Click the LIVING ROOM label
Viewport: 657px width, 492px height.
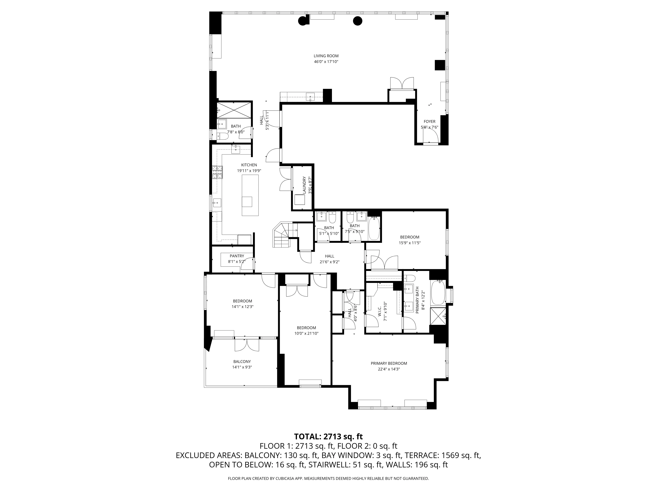click(326, 56)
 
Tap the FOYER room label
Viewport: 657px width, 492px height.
click(430, 121)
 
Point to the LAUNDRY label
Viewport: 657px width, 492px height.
click(304, 185)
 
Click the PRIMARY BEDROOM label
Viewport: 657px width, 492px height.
click(389, 363)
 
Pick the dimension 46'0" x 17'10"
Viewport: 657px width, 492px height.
click(326, 62)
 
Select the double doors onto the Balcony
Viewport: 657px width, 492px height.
click(247, 345)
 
